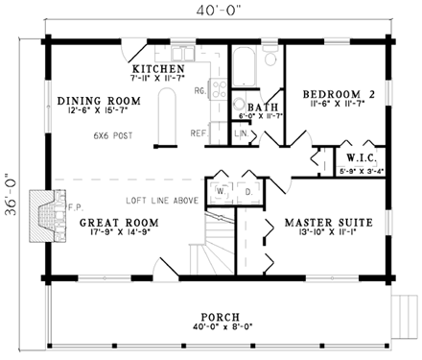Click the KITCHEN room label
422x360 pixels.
click(x=158, y=69)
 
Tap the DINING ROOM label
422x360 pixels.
click(x=99, y=101)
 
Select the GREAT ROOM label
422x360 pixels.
click(x=119, y=223)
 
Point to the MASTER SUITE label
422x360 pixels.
click(x=329, y=223)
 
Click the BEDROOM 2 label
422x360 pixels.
click(x=339, y=94)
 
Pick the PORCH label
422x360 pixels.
click(x=221, y=317)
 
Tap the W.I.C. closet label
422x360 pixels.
click(x=362, y=157)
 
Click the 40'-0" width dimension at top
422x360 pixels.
click(x=218, y=11)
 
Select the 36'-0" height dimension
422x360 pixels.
click(x=11, y=194)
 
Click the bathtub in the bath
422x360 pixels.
click(x=244, y=66)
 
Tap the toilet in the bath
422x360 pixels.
click(x=270, y=56)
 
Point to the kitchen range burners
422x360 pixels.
click(x=219, y=88)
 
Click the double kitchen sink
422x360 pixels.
click(x=182, y=54)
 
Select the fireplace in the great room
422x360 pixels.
click(x=48, y=216)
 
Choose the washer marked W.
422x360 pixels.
click(x=221, y=192)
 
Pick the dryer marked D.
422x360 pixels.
click(x=248, y=192)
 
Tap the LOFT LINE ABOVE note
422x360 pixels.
click(x=162, y=201)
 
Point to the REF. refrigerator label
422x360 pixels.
click(x=199, y=133)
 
